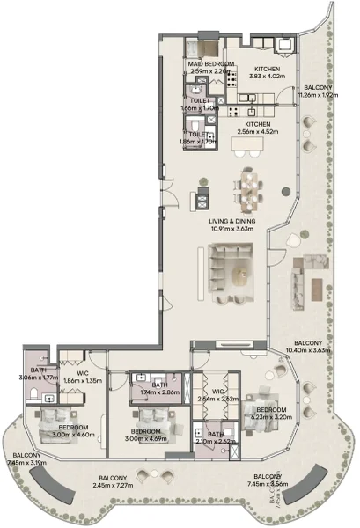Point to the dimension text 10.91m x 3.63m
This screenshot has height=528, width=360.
[x=231, y=230]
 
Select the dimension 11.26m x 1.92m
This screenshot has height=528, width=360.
[x=318, y=97]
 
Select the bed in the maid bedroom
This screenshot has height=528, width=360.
[x=206, y=50]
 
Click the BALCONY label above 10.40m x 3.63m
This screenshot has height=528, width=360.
[x=308, y=342]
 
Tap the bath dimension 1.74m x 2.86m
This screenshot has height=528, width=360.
[x=160, y=392]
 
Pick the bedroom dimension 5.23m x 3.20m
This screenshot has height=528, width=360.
[x=270, y=418]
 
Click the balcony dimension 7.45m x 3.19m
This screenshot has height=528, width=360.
[x=26, y=461]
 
